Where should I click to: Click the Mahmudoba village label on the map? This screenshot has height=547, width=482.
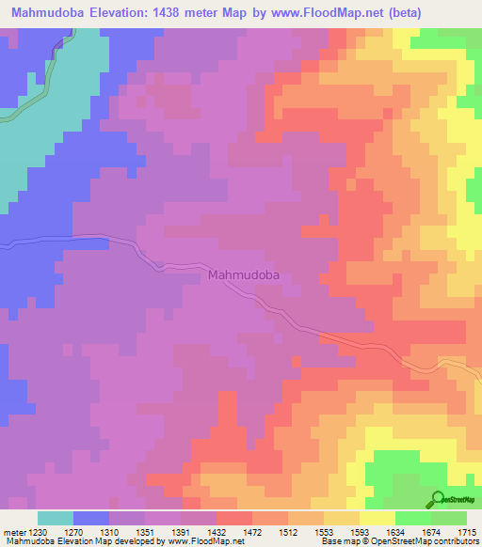click(245, 275)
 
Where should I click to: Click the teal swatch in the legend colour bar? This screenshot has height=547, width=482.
click(56, 518)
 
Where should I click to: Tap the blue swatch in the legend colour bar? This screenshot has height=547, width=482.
click(91, 518)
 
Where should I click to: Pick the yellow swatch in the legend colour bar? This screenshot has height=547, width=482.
click(378, 518)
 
